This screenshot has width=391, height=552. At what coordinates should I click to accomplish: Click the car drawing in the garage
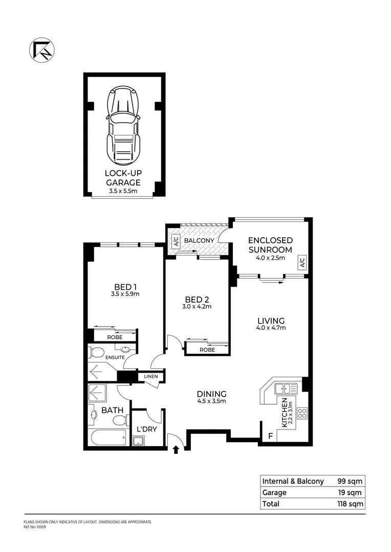(x=123, y=125)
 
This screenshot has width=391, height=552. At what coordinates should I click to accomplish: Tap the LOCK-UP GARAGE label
(x=123, y=178)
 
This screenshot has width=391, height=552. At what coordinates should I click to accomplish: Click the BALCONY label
(x=199, y=240)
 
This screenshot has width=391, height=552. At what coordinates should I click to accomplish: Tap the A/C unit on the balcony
(x=175, y=241)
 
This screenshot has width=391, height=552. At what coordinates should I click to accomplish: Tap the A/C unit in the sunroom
(x=302, y=262)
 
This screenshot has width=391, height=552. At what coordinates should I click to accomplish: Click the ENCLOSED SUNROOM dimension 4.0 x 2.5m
(x=270, y=258)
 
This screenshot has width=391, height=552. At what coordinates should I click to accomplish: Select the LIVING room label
(x=271, y=320)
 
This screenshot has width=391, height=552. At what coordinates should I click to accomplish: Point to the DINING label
(x=211, y=394)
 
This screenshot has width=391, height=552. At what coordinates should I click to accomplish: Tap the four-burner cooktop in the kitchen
(x=301, y=412)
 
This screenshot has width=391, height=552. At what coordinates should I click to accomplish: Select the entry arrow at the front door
(x=176, y=450)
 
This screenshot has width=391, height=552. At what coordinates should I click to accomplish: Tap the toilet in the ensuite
(x=97, y=352)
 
